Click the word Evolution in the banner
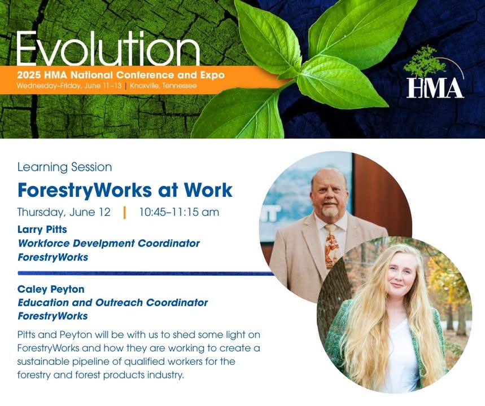pyautogui.click(x=108, y=48)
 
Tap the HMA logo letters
pyautogui.click(x=435, y=88)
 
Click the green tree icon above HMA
pyautogui.click(x=425, y=61)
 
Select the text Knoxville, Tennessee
pyautogui.click(x=163, y=86)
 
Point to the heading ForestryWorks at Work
pyautogui.click(x=125, y=189)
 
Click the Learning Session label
pyautogui.click(x=64, y=167)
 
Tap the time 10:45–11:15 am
pyautogui.click(x=179, y=212)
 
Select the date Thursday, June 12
pyautogui.click(x=64, y=213)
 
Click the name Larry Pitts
pyautogui.click(x=42, y=230)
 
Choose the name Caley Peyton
pyautogui.click(x=51, y=289)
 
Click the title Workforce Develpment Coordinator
pyautogui.click(x=109, y=243)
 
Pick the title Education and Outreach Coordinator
pyautogui.click(x=112, y=302)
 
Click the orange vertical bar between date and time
pyautogui.click(x=125, y=213)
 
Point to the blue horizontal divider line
pyautogui.click(x=146, y=273)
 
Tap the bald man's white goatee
pyautogui.click(x=329, y=211)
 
